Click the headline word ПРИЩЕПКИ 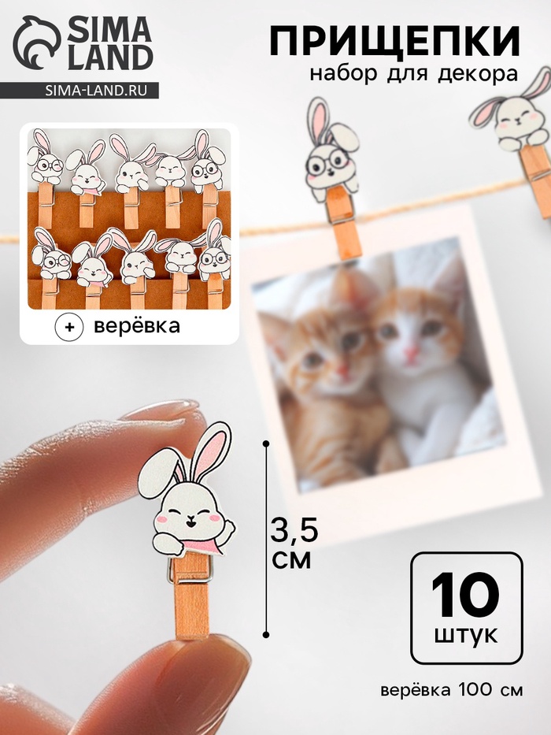tap(394, 42)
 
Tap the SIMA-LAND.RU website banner tap(80, 90)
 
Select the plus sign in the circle tap(69, 327)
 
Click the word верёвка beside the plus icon tap(136, 326)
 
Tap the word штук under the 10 tap(466, 636)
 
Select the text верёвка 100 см tap(451, 690)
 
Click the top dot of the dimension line tap(266, 443)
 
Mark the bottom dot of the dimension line tap(266, 635)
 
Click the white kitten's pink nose tap(412, 351)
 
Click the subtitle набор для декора tap(413, 75)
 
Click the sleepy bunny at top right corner tap(515, 113)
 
